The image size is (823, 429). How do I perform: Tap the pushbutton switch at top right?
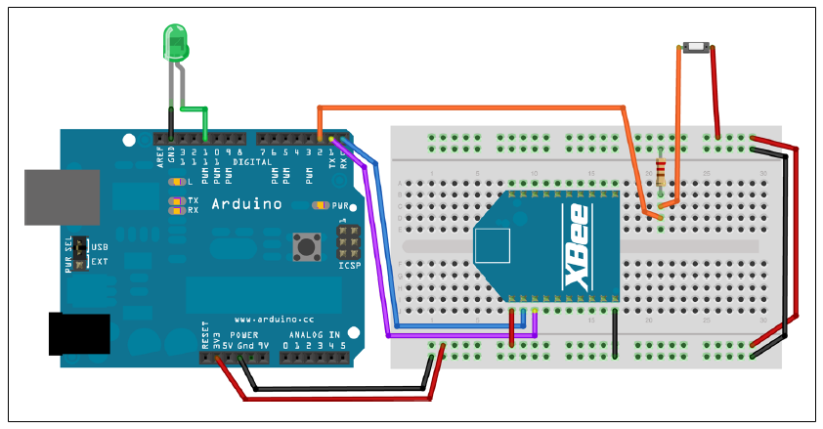[695, 47]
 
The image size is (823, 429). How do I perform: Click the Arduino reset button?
[306, 246]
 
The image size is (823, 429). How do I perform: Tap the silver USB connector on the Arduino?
[61, 197]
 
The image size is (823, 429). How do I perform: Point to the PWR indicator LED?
[319, 205]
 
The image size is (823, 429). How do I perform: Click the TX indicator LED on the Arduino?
[176, 200]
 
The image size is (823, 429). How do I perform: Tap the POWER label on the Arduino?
[245, 334]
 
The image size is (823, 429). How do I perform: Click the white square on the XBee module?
[493, 246]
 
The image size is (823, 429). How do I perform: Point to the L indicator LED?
[175, 182]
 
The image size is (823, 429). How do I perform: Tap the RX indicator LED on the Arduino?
[176, 209]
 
